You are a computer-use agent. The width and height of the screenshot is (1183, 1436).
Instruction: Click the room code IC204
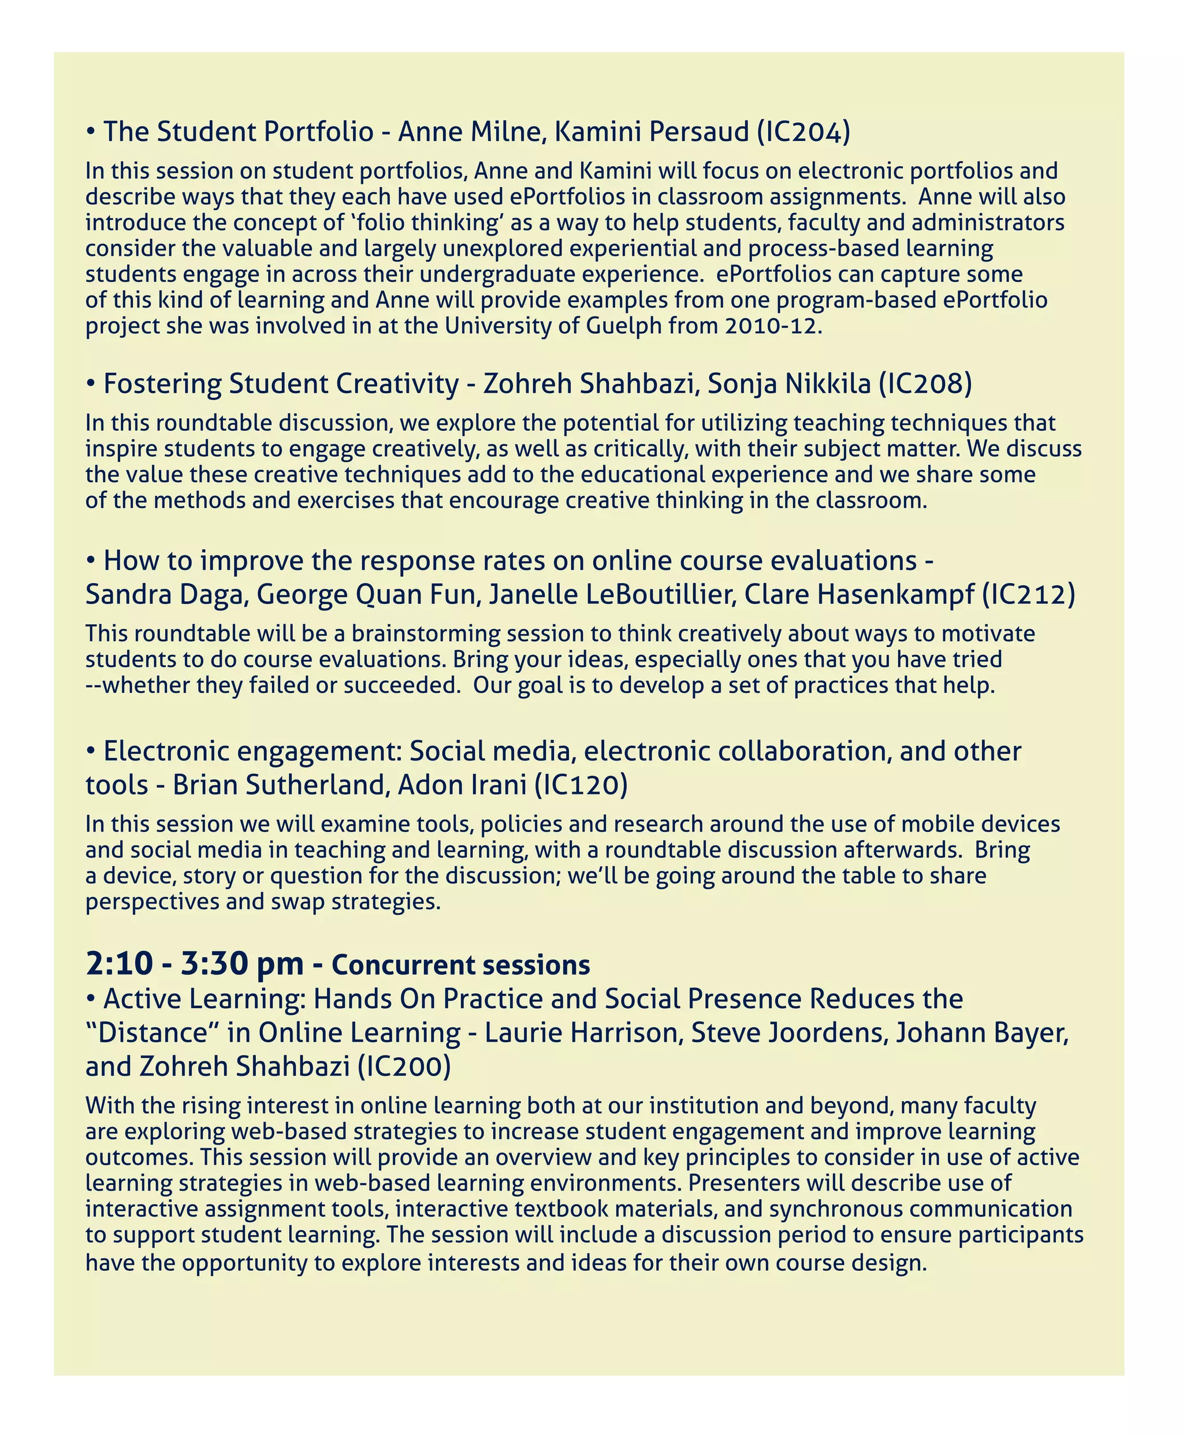(x=803, y=132)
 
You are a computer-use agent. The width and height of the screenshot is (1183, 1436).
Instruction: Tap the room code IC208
(x=925, y=384)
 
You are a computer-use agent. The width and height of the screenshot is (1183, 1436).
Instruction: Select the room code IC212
(x=1028, y=595)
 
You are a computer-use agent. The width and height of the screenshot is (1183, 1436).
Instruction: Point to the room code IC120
(x=581, y=785)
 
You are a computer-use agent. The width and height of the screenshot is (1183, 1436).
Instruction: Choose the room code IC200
(x=404, y=1066)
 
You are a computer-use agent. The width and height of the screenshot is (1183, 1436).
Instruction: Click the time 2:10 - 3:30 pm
(x=195, y=964)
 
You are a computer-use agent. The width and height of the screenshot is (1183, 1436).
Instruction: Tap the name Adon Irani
(x=462, y=785)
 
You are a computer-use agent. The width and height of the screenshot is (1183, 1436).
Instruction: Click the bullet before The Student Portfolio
(x=91, y=132)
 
